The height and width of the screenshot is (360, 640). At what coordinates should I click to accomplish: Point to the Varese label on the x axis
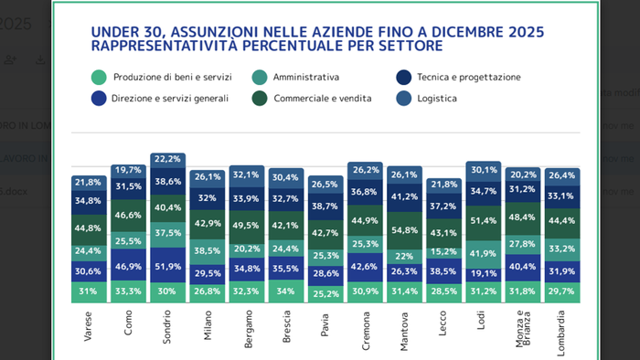89,324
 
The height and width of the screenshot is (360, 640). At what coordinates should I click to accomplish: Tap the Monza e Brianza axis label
523,329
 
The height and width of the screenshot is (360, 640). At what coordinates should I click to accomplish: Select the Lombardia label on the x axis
561,328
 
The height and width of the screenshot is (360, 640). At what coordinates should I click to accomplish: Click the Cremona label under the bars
365,327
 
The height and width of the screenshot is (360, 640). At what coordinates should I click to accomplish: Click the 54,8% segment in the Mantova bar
404,231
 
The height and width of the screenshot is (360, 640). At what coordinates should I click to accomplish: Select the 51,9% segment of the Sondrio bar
167,266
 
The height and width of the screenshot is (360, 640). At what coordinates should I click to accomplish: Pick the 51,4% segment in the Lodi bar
483,221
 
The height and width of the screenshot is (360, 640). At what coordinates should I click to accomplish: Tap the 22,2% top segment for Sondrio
167,159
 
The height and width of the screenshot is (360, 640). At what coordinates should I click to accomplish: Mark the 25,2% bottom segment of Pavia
325,294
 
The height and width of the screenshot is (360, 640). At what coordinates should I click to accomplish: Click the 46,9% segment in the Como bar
128,266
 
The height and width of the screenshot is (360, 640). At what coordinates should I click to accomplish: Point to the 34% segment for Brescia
286,291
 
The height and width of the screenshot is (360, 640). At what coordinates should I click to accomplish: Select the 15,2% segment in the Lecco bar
443,252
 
